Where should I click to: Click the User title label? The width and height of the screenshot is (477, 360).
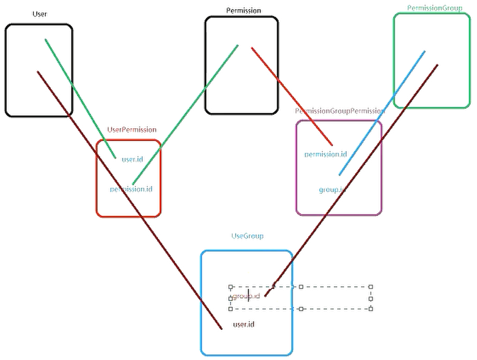coord(40,14)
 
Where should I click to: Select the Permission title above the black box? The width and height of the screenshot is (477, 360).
coord(244,10)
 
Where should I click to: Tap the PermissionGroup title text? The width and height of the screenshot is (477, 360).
coord(435,8)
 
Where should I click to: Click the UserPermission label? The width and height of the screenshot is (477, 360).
coord(131,130)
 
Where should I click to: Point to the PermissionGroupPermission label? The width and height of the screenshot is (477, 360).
coord(339,111)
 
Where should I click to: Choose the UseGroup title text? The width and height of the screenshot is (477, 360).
coord(248,236)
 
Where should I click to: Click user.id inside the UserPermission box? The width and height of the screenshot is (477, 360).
coord(133,159)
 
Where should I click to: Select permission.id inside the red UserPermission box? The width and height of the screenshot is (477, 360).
coord(131,189)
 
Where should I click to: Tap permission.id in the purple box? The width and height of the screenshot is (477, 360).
coord(326,154)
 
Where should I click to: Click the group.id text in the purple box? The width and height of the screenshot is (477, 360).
coord(331,190)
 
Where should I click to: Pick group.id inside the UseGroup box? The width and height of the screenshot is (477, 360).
coord(246,296)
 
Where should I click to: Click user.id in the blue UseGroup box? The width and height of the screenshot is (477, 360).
coord(244,324)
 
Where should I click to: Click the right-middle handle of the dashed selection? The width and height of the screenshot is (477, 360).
coord(370,298)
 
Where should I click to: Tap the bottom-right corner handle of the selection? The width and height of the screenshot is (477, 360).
coord(370,309)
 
